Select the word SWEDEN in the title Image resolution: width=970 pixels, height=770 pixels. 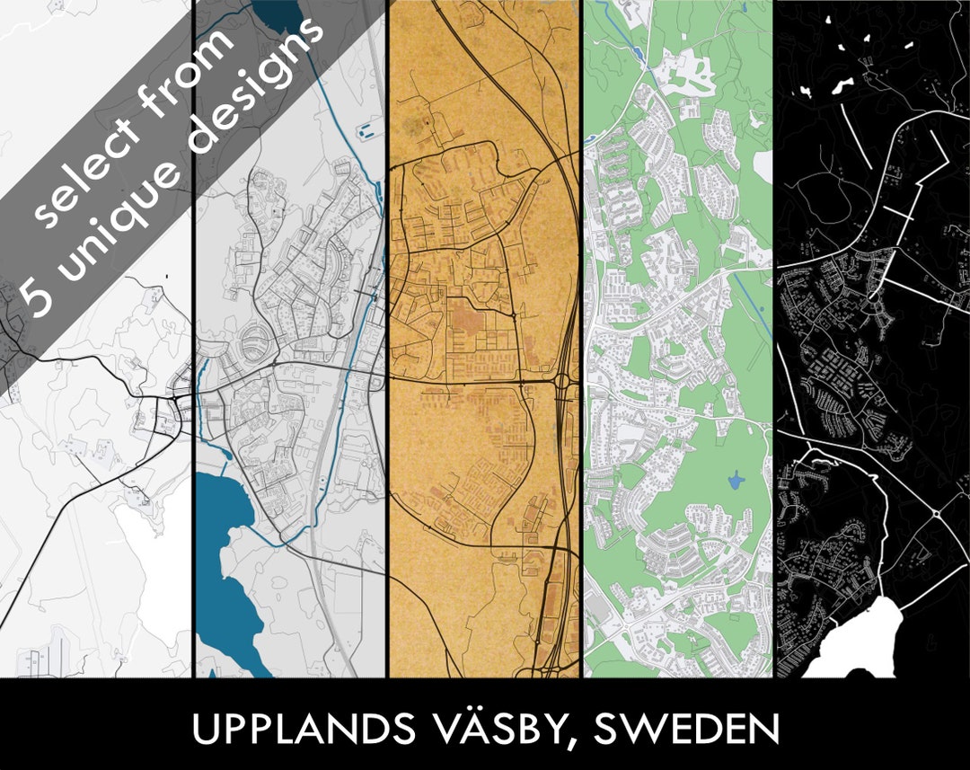point(687,730)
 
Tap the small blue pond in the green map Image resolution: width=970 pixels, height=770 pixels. point(736,482)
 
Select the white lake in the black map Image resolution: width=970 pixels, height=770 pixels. point(853,642)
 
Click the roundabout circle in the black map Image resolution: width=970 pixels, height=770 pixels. point(935,514)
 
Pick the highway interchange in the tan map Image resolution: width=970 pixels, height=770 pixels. point(564,382)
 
